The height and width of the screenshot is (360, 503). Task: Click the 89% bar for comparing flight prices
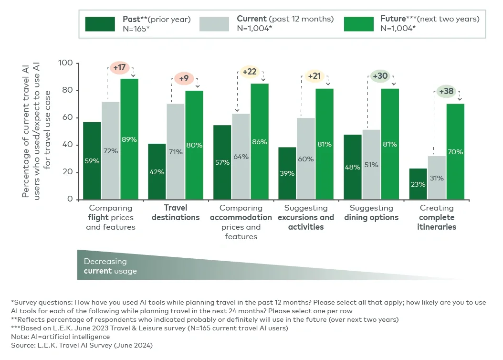tap(129, 139)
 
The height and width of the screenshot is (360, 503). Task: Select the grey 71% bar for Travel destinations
tap(175, 151)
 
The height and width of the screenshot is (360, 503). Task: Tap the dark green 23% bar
tap(418, 184)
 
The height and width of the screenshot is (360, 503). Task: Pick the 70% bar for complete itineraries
tap(455, 151)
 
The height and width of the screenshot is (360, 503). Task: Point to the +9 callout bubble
tap(184, 79)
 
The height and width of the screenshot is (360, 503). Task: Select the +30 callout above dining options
tap(380, 76)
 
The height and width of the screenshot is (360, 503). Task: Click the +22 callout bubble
tap(249, 72)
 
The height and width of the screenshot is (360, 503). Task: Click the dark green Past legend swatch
tap(100, 23)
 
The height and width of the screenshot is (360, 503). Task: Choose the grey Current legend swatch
tap(215, 23)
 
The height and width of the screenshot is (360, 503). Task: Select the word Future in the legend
tap(393, 19)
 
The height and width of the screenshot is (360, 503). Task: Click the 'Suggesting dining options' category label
tap(371, 213)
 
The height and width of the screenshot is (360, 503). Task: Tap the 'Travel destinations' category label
tap(175, 213)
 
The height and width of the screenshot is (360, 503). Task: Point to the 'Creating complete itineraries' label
tap(437, 218)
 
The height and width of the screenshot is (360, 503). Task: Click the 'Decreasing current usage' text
tap(110, 266)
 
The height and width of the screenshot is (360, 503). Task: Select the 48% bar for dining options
tap(353, 167)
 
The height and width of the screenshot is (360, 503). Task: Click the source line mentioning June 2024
tap(82, 345)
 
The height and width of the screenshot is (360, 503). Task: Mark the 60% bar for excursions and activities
tap(306, 159)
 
